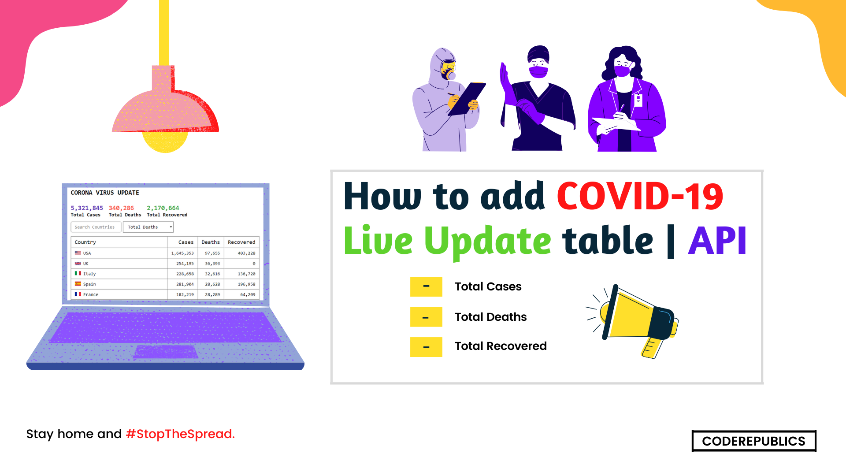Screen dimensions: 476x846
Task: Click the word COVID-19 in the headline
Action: tap(640, 197)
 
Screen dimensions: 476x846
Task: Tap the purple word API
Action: tap(717, 241)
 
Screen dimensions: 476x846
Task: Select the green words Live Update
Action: tap(447, 241)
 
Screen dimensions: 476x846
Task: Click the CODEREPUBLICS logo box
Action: tap(753, 441)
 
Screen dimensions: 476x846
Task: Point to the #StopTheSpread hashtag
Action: tap(180, 434)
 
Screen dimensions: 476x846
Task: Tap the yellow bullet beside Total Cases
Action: tap(426, 287)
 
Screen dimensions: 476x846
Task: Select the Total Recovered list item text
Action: tap(501, 346)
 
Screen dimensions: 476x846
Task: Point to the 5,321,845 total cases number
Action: tap(87, 208)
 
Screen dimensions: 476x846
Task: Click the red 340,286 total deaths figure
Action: tap(121, 208)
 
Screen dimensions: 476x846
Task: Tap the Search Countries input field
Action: tap(96, 227)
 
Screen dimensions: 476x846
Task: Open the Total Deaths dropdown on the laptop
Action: tap(148, 227)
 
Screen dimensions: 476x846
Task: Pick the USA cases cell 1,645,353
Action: tap(182, 253)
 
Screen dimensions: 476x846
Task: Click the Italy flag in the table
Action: tap(78, 274)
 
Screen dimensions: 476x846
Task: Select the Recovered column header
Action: tap(241, 242)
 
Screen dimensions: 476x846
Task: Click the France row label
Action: tap(91, 294)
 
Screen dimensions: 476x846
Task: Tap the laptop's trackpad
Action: tap(166, 352)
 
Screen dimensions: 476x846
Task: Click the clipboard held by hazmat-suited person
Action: tap(467, 98)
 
